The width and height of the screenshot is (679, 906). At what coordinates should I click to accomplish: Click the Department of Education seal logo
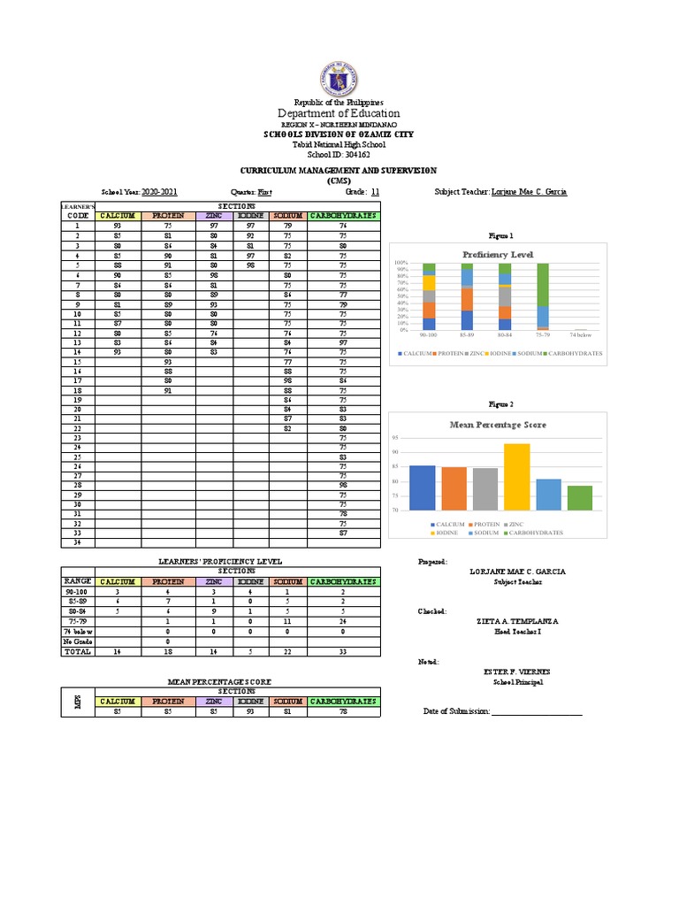(339, 80)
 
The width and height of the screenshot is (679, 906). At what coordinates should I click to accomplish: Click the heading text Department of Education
(339, 113)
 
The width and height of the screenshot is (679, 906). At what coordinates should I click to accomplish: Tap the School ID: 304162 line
(339, 154)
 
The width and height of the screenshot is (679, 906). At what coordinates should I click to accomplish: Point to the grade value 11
(375, 191)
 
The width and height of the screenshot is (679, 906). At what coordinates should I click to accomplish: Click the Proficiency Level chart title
(497, 254)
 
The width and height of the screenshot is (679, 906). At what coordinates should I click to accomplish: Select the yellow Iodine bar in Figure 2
(516, 477)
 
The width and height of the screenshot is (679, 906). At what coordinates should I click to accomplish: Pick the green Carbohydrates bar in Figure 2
(579, 498)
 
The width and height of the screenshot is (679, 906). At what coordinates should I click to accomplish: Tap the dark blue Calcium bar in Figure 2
(423, 488)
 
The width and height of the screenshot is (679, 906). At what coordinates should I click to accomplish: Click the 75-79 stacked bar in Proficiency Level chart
(543, 296)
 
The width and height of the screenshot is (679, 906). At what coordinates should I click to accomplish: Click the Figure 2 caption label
(501, 403)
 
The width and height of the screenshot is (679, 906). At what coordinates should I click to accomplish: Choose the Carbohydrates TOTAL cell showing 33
(343, 651)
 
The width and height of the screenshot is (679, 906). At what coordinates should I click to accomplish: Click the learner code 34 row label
(77, 543)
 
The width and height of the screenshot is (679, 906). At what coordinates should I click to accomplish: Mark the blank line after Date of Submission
(536, 712)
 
